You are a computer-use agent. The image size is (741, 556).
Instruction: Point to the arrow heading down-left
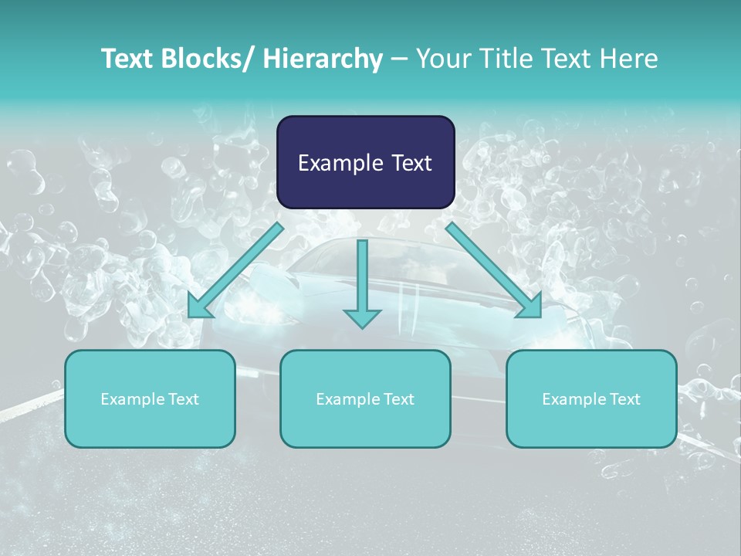click(x=235, y=270)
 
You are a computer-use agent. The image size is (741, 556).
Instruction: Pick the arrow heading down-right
click(x=494, y=270)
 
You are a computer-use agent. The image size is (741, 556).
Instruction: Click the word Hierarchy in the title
click(x=323, y=59)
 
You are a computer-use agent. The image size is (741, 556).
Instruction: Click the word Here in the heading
click(x=630, y=59)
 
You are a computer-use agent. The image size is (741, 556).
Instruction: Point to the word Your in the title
click(x=442, y=59)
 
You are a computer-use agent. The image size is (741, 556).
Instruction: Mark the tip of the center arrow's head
click(x=362, y=329)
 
